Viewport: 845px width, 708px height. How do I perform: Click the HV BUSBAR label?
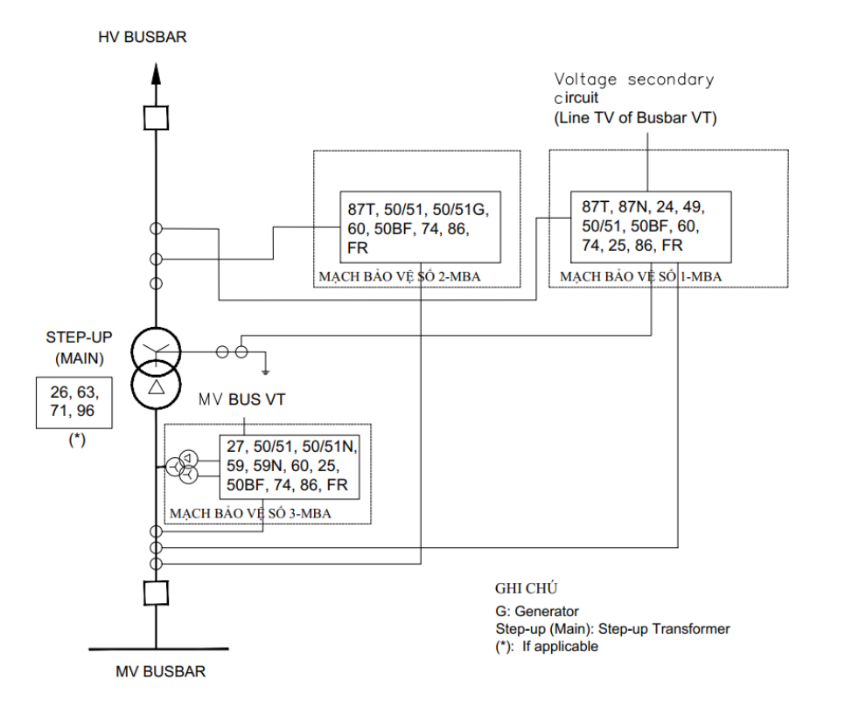pos(143,38)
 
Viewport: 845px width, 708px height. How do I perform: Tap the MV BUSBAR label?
pos(161,671)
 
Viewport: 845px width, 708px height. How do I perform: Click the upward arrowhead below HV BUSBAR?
pos(156,74)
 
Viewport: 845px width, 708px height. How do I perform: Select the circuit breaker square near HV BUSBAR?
pos(156,118)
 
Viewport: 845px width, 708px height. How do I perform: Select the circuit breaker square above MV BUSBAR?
pos(156,593)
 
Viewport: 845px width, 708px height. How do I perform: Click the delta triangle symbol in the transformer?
pos(157,386)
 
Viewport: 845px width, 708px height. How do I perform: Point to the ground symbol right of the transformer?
pos(265,371)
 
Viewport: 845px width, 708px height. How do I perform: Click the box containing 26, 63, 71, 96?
pos(74,403)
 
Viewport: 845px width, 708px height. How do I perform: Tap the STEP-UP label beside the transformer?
pos(80,337)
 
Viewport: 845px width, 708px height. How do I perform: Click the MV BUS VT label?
pos(242,399)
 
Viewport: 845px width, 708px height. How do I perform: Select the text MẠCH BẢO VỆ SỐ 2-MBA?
pos(400,277)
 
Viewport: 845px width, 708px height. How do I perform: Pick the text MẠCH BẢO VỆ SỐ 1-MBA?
pos(641,277)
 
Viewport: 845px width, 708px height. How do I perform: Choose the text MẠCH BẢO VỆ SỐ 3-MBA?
pos(250,514)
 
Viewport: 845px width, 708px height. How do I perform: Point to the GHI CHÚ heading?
pos(527,588)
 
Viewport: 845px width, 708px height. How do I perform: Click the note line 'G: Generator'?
pos(537,612)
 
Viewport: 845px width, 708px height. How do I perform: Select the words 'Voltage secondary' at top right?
pos(634,80)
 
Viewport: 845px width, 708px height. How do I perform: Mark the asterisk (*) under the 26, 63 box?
pos(76,440)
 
